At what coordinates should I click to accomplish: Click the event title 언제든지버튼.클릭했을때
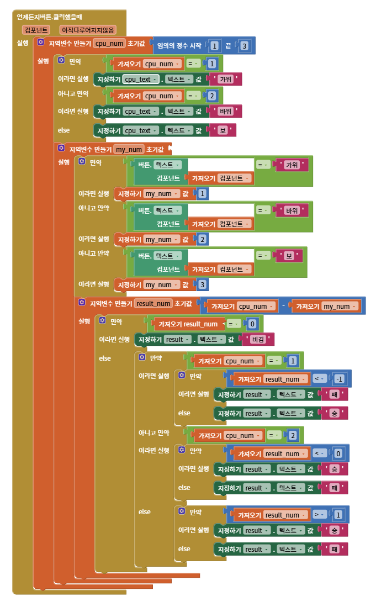point(49,17)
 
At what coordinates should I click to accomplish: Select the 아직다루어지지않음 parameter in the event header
point(88,30)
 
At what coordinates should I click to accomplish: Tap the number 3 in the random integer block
point(244,46)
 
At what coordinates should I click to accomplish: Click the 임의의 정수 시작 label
point(179,46)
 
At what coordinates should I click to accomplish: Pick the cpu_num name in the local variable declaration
point(109,43)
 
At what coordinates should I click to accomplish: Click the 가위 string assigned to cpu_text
point(226,80)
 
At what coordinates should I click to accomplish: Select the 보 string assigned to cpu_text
point(223,131)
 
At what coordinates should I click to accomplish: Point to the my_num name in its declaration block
point(129,150)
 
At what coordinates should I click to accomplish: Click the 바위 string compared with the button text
point(292,210)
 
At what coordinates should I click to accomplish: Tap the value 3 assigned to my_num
point(202,285)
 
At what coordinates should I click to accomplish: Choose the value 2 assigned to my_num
point(202,240)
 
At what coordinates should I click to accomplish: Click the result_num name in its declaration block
point(153,304)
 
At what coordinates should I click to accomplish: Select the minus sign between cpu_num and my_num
point(284,306)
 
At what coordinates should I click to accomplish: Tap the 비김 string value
point(258,340)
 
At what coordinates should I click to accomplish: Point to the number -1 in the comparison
point(339,379)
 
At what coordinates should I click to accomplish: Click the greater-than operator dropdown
point(319,514)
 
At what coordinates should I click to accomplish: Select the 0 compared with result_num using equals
point(252,324)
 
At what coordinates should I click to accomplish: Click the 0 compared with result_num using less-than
point(338,453)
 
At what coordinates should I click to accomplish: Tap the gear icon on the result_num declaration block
point(82,302)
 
